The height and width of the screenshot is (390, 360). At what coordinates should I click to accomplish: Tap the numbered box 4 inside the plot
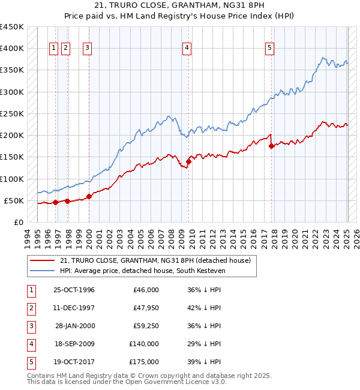[x=187, y=49]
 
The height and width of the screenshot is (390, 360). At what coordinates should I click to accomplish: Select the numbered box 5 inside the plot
[x=270, y=49]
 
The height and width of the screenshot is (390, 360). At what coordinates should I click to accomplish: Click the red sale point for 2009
[x=188, y=161]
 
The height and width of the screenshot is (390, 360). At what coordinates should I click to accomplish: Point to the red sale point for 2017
[x=272, y=146]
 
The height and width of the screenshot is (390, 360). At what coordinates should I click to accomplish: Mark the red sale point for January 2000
[x=89, y=196]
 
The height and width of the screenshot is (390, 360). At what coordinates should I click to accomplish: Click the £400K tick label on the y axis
[x=12, y=49]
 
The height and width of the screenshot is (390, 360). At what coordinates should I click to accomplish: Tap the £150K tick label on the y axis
[x=12, y=157]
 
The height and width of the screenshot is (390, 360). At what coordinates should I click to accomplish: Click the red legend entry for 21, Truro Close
[x=158, y=260]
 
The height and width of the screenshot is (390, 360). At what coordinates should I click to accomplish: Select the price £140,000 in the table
[x=144, y=344]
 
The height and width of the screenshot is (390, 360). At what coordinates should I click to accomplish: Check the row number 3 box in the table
[x=29, y=326]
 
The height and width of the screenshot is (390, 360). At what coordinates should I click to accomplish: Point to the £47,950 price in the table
[x=145, y=308]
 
